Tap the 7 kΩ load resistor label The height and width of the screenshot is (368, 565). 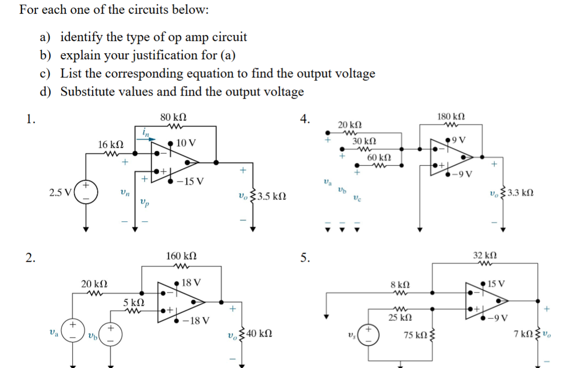pyautogui.click(x=524, y=334)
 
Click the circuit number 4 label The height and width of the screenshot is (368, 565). pyautogui.click(x=304, y=119)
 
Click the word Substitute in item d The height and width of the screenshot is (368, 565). pyautogui.click(x=87, y=92)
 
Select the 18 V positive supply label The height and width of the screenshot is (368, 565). pyautogui.click(x=192, y=282)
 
